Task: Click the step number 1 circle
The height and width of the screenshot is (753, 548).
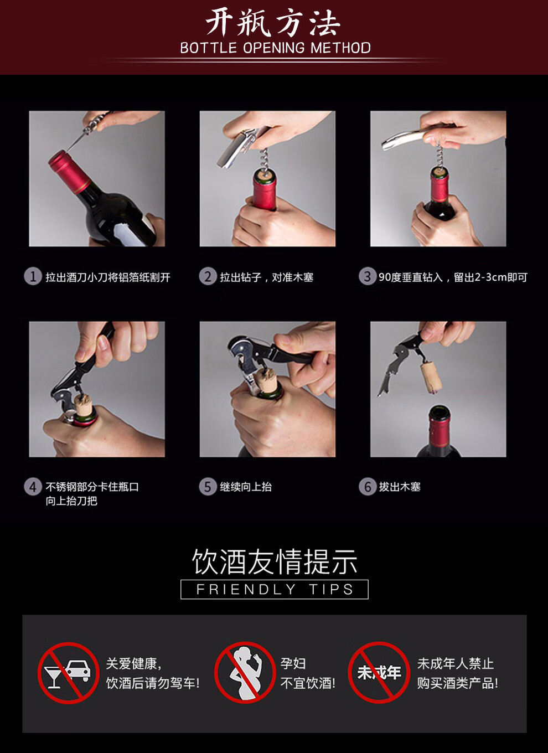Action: click(33, 276)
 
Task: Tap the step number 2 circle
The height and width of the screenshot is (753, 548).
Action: click(208, 276)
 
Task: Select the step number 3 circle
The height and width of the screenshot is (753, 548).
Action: click(367, 276)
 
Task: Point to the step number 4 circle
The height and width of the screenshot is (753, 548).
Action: click(33, 487)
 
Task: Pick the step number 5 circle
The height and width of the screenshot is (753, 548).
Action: click(208, 487)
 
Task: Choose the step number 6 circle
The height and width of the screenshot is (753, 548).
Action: click(367, 487)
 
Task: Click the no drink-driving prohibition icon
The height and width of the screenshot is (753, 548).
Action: click(69, 673)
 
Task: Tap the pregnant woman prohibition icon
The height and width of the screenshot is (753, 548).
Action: click(245, 673)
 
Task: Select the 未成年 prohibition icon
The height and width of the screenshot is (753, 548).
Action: click(379, 673)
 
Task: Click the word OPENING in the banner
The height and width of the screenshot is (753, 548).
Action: click(273, 48)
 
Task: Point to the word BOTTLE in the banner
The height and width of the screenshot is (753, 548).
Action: click(209, 48)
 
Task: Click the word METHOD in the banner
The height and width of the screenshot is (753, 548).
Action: click(340, 48)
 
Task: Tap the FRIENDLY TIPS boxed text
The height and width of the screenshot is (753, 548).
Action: click(275, 589)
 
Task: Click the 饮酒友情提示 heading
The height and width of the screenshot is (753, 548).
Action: click(275, 562)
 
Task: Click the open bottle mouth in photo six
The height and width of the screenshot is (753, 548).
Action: click(438, 410)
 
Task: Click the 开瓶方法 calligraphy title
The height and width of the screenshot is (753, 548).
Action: click(273, 23)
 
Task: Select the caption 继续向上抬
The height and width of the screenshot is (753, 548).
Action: click(246, 487)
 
